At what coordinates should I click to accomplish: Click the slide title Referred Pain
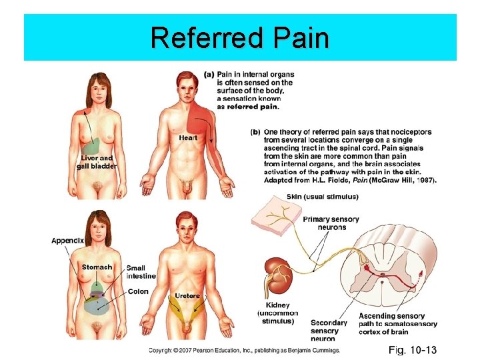240,38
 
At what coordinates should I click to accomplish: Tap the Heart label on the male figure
188,137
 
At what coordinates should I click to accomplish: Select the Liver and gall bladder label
97,162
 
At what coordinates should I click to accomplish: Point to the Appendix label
68,240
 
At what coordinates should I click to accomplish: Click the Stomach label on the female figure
97,267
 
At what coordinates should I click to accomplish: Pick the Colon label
138,291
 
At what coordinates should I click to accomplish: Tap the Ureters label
187,295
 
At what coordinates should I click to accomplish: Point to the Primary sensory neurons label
331,223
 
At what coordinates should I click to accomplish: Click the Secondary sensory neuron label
329,330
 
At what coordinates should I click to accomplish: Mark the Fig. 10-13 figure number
413,349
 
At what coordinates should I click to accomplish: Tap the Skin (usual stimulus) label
322,197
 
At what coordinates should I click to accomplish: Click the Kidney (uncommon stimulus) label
277,313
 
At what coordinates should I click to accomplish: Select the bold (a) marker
209,74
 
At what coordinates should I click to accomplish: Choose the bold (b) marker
255,132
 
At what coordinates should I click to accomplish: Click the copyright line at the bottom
244,349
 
